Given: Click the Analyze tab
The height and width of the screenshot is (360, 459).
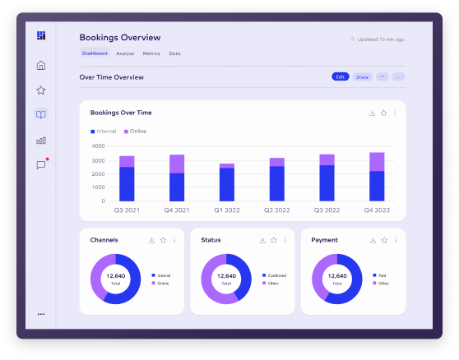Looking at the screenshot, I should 125,53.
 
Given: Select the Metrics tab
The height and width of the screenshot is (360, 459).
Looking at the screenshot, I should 151,53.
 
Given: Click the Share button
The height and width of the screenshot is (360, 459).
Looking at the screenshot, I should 362,76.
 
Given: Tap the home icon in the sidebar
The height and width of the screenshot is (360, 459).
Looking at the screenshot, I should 41,66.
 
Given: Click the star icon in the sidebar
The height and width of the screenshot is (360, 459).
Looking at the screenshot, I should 41,90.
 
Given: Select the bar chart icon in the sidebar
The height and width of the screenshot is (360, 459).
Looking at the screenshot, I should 41,140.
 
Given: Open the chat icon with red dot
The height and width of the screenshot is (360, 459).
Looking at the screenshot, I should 41,164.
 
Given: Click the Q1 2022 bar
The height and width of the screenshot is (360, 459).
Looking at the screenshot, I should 226,182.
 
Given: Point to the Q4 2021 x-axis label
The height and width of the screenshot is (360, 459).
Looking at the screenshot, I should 176,210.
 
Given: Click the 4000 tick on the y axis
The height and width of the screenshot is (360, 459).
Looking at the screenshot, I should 98,146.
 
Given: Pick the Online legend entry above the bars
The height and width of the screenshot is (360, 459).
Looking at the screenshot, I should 135,132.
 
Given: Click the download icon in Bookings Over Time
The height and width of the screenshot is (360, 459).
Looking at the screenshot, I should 372,113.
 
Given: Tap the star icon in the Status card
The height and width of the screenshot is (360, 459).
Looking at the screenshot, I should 274,240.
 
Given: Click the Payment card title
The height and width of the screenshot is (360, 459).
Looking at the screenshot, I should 325,240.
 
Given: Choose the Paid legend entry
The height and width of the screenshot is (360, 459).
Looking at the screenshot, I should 381,275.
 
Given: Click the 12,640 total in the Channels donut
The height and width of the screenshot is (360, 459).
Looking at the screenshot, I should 115,276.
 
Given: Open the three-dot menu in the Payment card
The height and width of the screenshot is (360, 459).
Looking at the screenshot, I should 395,240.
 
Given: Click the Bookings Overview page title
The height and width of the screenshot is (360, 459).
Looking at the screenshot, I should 120,37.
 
